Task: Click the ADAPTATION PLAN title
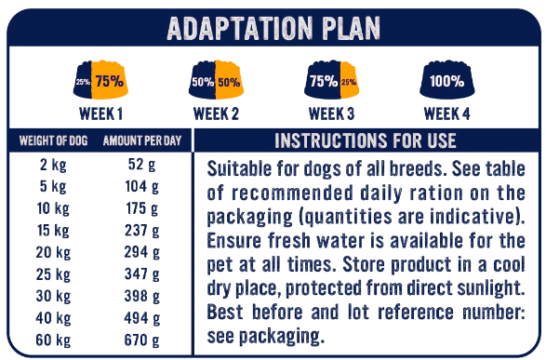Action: click(x=273, y=28)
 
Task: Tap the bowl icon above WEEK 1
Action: click(x=100, y=80)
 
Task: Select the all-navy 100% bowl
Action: click(x=447, y=80)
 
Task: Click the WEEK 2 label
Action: click(x=216, y=113)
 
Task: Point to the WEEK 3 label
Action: click(x=331, y=113)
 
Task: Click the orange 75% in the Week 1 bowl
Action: click(x=110, y=81)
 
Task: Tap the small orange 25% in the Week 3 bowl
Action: click(x=349, y=82)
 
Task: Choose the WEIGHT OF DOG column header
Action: click(x=53, y=140)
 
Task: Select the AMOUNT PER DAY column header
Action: click(x=142, y=140)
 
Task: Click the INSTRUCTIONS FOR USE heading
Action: click(x=366, y=140)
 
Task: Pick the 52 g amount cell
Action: click(x=142, y=165)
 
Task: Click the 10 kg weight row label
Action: click(x=53, y=208)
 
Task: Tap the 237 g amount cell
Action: click(x=142, y=231)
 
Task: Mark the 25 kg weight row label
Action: click(x=53, y=274)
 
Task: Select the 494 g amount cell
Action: click(x=142, y=318)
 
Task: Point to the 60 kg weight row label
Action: click(x=53, y=340)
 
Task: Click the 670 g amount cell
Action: click(x=142, y=340)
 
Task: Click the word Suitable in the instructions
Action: click(x=239, y=169)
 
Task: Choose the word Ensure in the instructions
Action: click(x=234, y=241)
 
